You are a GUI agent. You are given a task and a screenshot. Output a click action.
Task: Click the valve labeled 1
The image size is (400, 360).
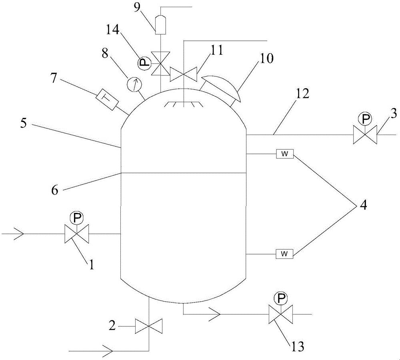tap(76, 234)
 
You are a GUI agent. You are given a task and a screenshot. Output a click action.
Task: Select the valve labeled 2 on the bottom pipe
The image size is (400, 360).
tap(149, 326)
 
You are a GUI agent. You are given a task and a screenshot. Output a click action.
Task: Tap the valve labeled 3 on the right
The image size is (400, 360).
tap(365, 135)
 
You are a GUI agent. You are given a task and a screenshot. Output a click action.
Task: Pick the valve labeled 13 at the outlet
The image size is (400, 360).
tap(281, 314)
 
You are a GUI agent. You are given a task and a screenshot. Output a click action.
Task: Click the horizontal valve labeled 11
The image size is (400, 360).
tap(184, 74)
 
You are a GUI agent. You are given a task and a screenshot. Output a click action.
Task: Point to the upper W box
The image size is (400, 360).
tap(285, 154)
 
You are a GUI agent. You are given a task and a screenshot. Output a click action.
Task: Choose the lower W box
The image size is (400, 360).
tap(285, 254)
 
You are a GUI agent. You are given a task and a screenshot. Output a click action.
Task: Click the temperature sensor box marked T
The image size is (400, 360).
tap(107, 99)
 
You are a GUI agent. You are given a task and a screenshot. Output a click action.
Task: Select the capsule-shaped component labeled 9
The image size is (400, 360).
tap(161, 25)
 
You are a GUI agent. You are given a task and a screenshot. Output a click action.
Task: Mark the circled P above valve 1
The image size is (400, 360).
tap(76, 218)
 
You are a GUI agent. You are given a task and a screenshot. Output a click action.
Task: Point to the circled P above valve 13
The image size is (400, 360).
tap(281, 298)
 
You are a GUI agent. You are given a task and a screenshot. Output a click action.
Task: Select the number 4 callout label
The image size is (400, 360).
tap(363, 205)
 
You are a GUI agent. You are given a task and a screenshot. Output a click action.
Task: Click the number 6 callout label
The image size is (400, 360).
tap(55, 190)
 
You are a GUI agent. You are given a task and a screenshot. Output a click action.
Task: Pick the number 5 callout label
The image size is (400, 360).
tap(24, 123)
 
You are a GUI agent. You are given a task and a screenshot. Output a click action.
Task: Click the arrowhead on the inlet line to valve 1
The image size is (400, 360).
tap(19, 234)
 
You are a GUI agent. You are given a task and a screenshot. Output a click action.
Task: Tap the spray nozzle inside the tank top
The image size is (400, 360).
tap(184, 104)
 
